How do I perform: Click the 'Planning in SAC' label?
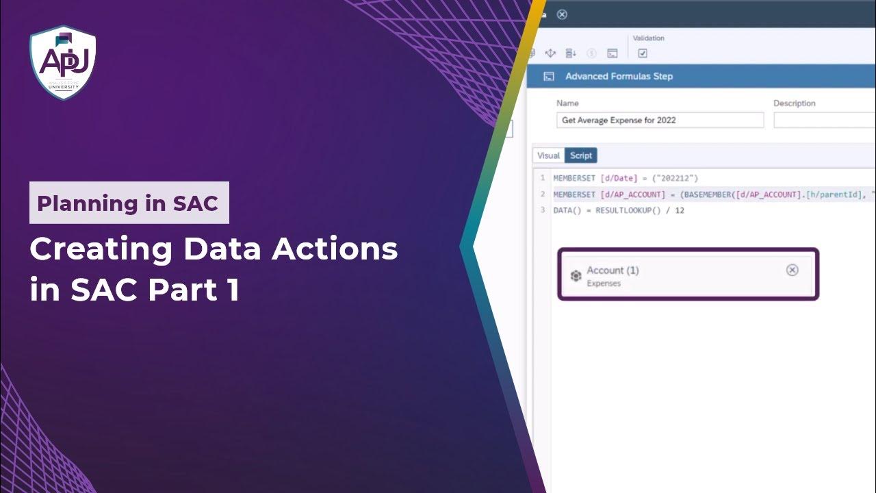[x=129, y=203]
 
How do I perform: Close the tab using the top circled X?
[x=562, y=14]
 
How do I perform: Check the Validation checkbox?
[x=643, y=53]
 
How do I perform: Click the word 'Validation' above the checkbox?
[x=648, y=38]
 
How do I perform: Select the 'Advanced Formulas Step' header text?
[x=619, y=76]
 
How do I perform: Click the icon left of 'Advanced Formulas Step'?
[x=548, y=76]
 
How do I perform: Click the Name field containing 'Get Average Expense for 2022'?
[x=660, y=120]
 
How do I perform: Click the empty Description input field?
[x=824, y=120]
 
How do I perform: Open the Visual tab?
[x=548, y=155]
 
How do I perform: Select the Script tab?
[x=581, y=155]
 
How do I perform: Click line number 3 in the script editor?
[x=543, y=210]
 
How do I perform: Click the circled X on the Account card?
[x=792, y=270]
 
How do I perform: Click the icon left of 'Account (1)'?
[x=576, y=276]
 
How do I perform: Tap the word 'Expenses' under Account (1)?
[x=604, y=283]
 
